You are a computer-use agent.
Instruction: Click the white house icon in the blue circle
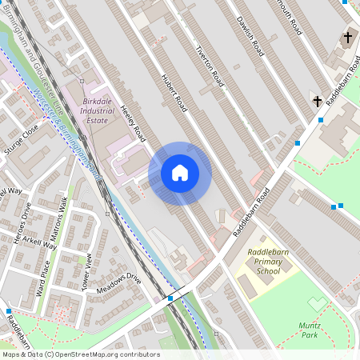(x=180, y=173)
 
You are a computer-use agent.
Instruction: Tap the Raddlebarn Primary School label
(x=263, y=262)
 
